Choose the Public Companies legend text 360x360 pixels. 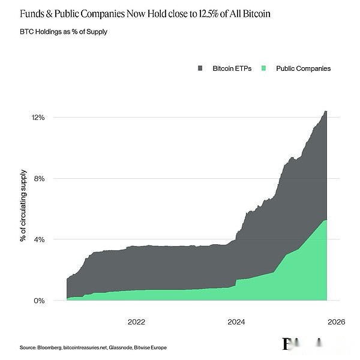coord(303,68)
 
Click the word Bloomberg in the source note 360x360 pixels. coord(49,348)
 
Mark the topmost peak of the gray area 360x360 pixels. coord(325,111)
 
